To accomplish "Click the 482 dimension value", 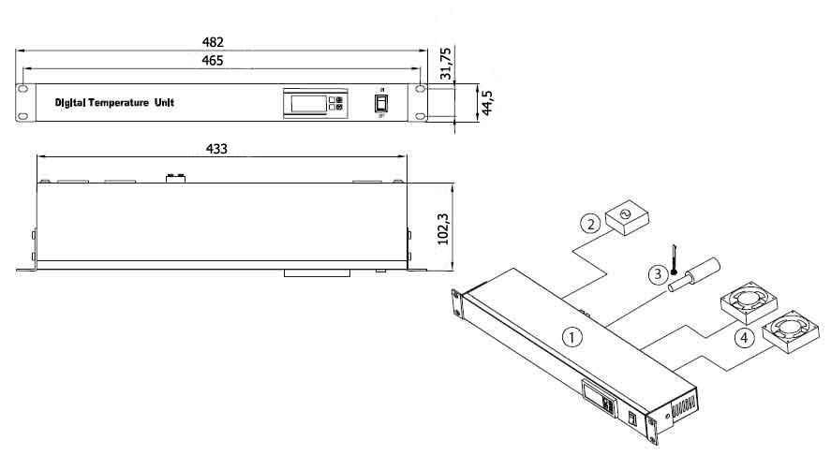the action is [213, 42].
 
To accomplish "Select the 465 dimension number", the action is [213, 60].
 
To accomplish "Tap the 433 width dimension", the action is [216, 149].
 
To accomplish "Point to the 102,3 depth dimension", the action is [443, 228].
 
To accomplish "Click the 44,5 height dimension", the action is [487, 102].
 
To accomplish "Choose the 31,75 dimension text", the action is [446, 64].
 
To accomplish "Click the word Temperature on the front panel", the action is [118, 103].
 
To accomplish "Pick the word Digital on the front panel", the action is [70, 103].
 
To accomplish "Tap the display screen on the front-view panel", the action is [309, 104].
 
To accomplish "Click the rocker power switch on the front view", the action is [381, 103].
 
